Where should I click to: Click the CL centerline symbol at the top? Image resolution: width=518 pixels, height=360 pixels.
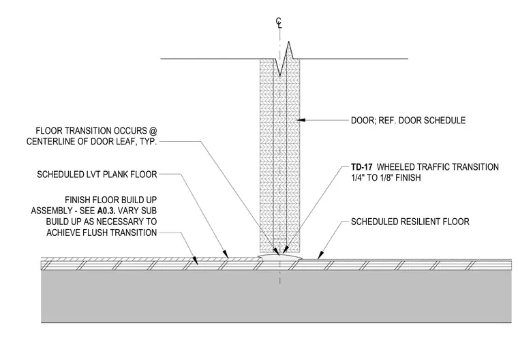pos(279,23)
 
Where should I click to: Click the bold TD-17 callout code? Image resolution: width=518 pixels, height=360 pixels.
pos(361,167)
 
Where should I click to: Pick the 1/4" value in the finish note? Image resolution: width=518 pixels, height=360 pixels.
pos(358,178)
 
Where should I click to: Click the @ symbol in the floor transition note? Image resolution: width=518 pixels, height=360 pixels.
pos(153,131)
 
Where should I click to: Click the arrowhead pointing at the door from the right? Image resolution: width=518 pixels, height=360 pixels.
pos(301,120)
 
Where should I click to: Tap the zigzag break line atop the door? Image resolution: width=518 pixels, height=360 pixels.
pos(284,59)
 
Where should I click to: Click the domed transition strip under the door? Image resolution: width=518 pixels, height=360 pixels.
pos(280,257)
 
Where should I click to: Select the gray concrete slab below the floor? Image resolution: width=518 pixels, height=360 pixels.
pos(277,297)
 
